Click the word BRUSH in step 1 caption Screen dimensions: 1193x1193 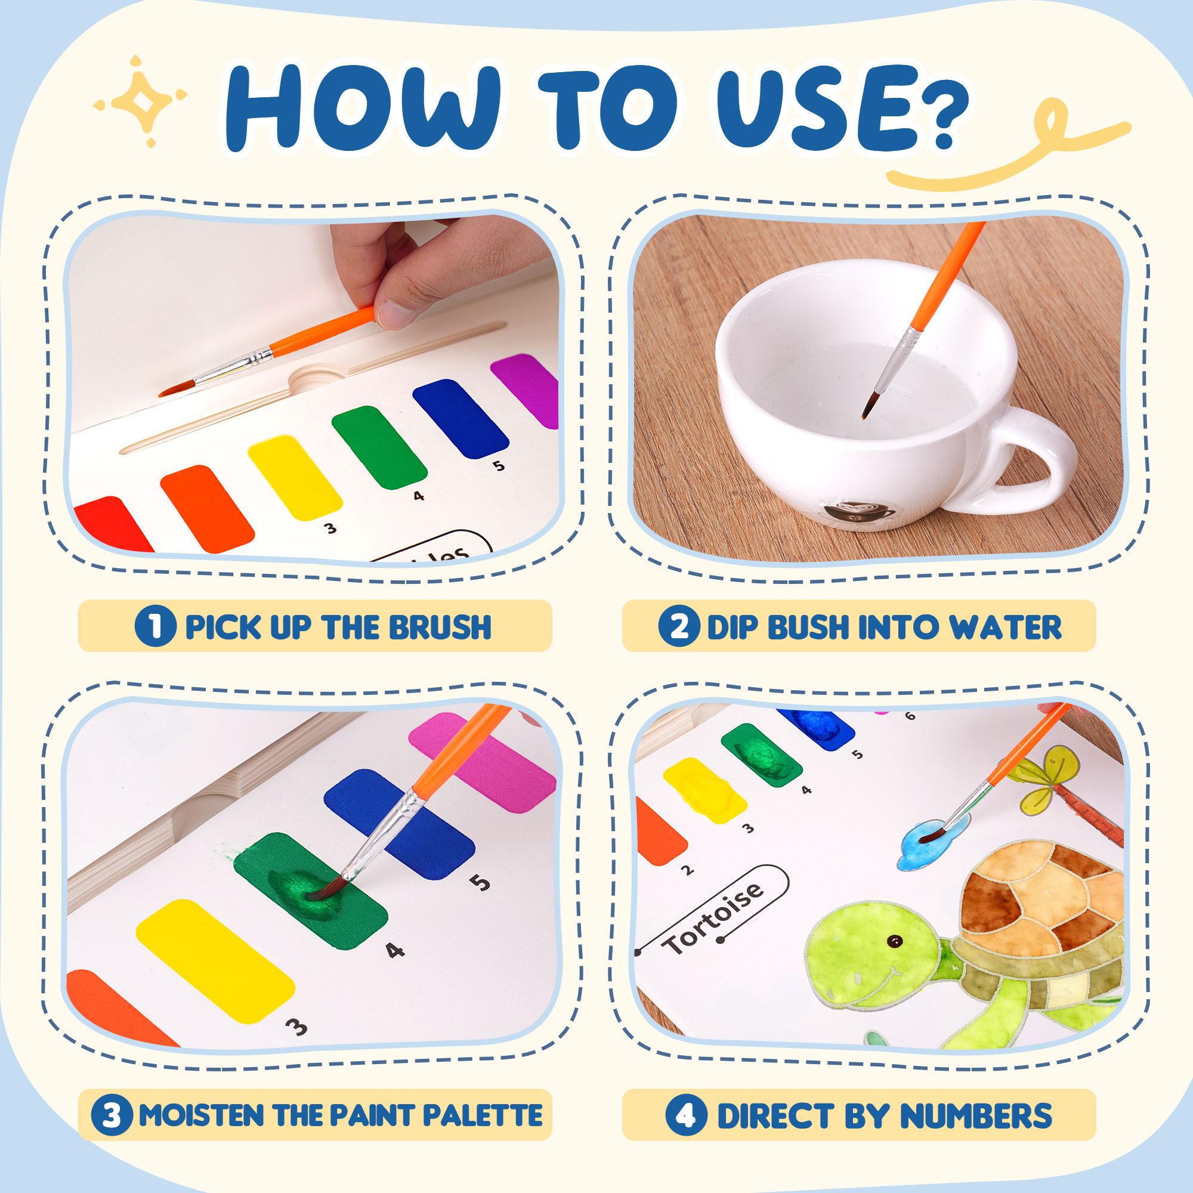(x=441, y=627)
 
